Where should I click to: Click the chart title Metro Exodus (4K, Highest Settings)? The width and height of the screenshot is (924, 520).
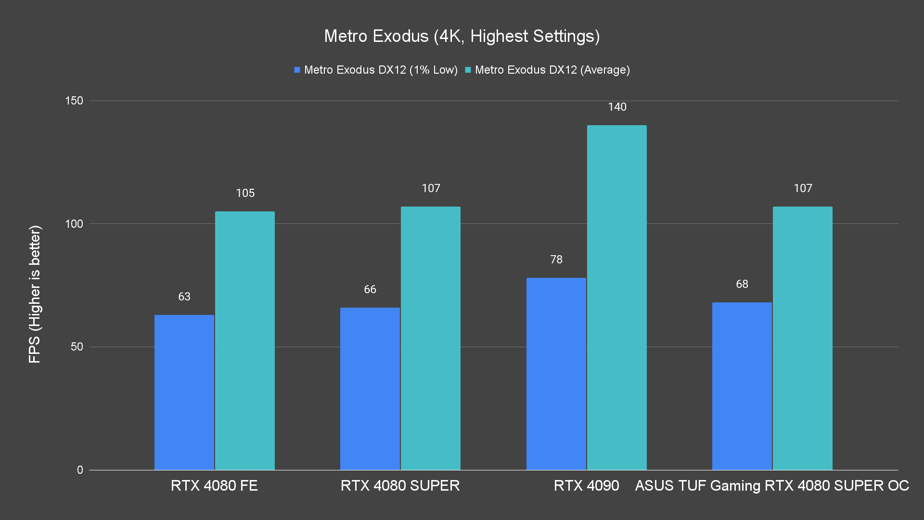click(462, 36)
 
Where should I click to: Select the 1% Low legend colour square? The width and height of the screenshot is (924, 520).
click(297, 70)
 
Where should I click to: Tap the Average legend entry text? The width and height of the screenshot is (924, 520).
click(552, 70)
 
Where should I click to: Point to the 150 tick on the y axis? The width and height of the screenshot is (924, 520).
click(74, 101)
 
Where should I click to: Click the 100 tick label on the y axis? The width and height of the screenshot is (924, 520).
click(74, 224)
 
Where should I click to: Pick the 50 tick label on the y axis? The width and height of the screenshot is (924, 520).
click(77, 347)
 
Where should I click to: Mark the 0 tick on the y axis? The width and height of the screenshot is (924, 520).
click(80, 470)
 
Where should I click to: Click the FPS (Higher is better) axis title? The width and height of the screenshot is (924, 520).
click(35, 294)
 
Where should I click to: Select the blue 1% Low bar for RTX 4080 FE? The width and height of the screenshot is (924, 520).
click(184, 392)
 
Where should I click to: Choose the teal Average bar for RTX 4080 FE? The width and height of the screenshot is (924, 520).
click(245, 340)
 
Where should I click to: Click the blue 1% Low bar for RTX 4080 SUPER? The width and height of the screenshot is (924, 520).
click(370, 389)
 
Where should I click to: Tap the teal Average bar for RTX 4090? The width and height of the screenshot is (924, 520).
click(617, 298)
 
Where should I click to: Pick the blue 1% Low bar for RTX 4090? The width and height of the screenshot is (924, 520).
click(556, 374)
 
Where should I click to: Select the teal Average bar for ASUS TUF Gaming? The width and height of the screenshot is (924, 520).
click(803, 338)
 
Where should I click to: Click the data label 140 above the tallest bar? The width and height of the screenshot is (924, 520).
click(617, 107)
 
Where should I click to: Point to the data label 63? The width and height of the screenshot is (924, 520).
click(184, 297)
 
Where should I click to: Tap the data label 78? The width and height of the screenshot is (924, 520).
click(556, 260)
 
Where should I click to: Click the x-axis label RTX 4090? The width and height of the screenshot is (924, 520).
click(586, 485)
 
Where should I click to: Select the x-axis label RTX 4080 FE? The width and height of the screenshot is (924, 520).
click(214, 485)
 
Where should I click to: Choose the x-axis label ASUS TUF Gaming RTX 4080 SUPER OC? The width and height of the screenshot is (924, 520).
click(772, 485)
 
